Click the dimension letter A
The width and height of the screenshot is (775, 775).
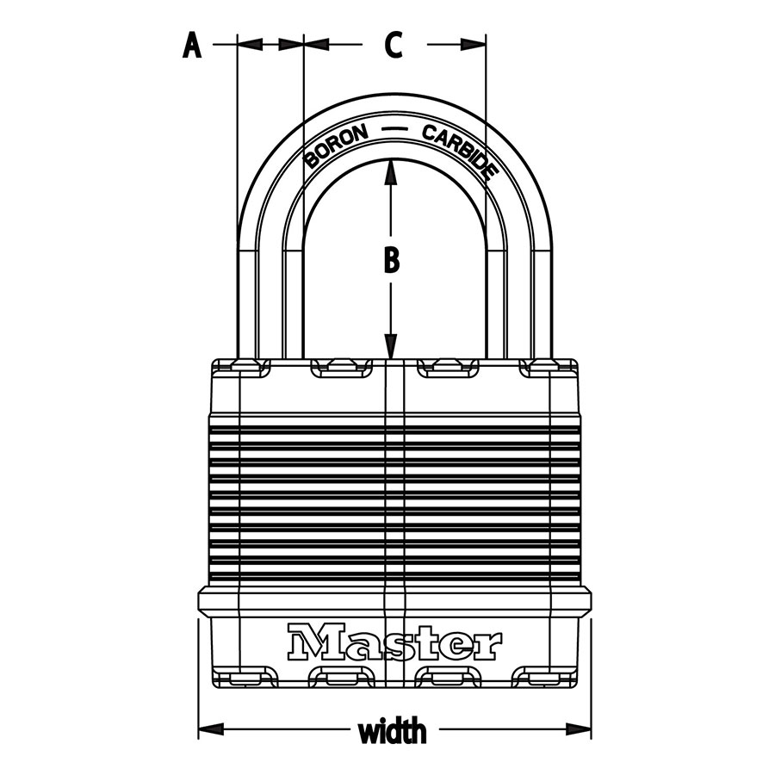coord(192,45)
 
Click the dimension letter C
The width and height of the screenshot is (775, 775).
coord(394,45)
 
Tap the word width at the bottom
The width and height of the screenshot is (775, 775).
coord(393,732)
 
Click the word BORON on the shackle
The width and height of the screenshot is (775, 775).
coord(336,146)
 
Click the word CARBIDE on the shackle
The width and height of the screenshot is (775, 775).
coord(459,152)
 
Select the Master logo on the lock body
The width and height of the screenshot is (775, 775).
coord(394,642)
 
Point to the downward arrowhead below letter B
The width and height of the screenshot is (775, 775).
coord(391,346)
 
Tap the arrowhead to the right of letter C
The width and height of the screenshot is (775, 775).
coord(473,45)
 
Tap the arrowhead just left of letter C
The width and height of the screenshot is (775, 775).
coord(316,45)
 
